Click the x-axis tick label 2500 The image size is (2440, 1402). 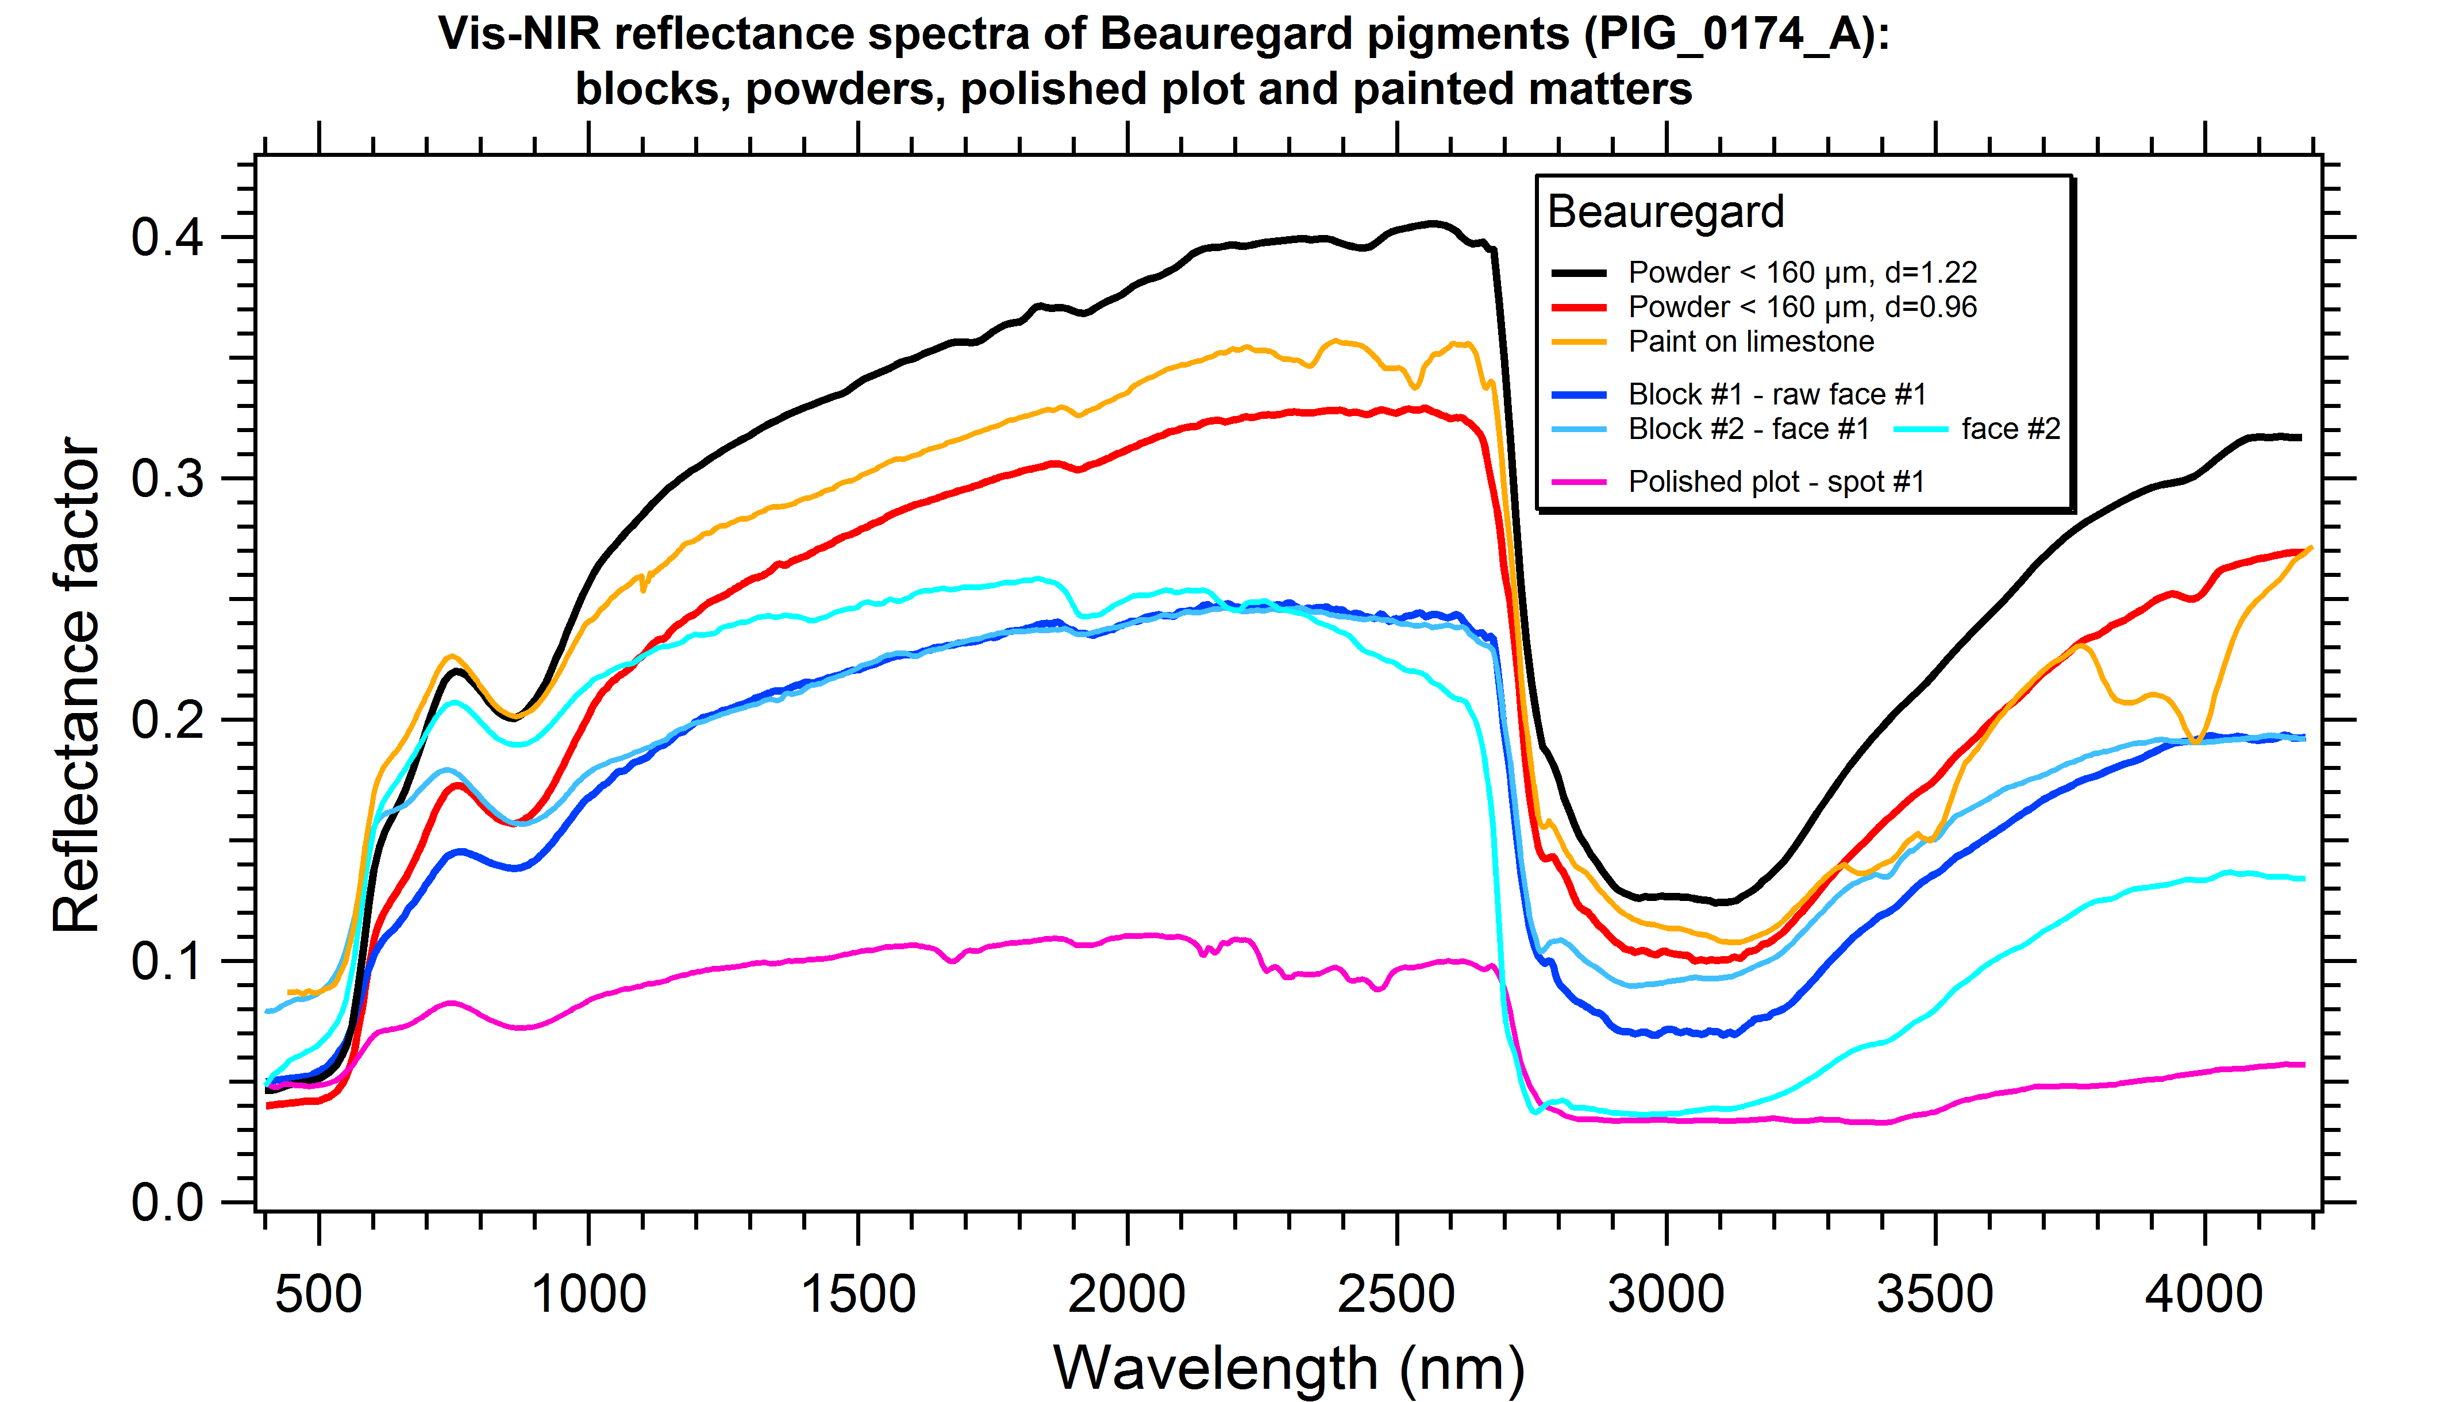pos(1395,1294)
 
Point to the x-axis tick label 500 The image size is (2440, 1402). pos(319,1294)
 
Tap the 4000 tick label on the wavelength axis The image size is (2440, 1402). pos(2203,1294)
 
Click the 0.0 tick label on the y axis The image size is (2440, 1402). pos(168,1203)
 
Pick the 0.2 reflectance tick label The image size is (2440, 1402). pos(168,721)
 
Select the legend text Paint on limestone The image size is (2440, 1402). pos(1750,342)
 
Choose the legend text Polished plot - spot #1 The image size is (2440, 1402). pos(1777,482)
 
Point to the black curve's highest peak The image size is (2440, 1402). pos(1433,224)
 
